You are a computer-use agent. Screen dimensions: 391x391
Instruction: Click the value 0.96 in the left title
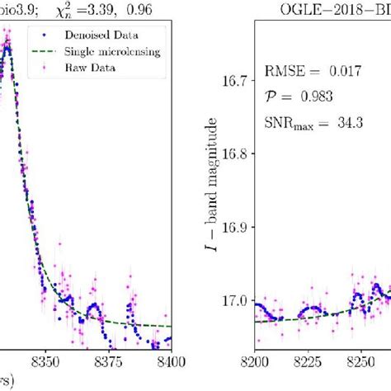click(145, 10)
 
